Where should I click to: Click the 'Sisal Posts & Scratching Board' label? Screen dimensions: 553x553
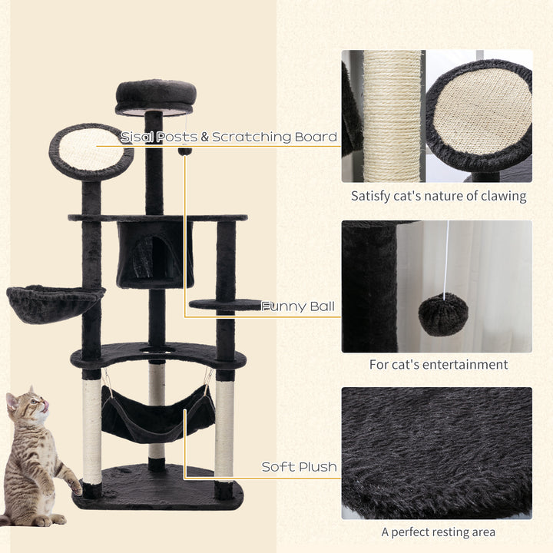[228, 137]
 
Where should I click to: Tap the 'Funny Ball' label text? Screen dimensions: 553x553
[298, 306]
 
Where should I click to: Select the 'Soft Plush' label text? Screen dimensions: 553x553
[299, 467]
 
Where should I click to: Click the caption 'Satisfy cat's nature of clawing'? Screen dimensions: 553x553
[439, 196]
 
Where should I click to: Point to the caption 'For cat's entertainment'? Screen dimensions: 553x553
[439, 364]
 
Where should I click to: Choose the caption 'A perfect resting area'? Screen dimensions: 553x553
[439, 531]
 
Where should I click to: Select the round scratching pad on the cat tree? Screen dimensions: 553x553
[91, 150]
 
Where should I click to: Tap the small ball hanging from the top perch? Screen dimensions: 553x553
[185, 151]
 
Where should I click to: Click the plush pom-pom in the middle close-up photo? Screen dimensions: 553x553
[442, 314]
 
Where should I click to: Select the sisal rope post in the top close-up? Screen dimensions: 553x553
[392, 115]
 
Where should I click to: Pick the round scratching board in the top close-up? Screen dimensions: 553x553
[480, 115]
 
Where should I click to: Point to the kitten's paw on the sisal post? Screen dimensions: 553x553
[75, 485]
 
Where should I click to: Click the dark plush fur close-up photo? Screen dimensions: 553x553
[436, 453]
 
